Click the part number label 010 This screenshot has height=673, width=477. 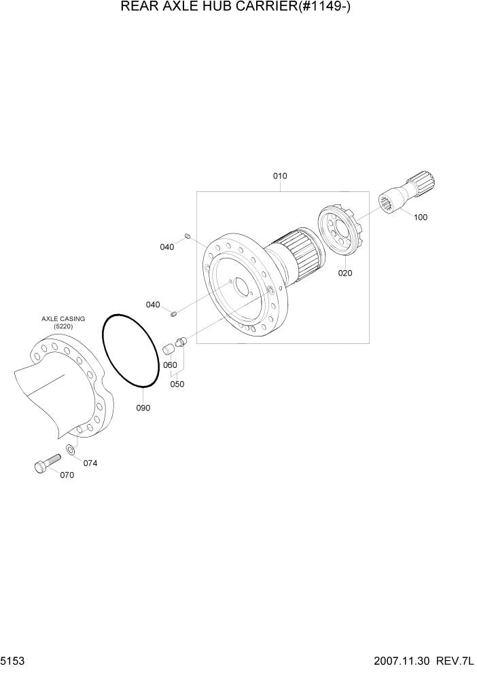click(x=280, y=176)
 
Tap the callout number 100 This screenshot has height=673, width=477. click(x=420, y=218)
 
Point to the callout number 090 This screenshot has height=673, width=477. click(x=143, y=408)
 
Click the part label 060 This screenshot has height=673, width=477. click(x=170, y=365)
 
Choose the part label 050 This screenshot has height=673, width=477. click(x=177, y=383)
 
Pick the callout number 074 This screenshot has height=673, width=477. click(x=90, y=463)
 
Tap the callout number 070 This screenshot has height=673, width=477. click(x=67, y=475)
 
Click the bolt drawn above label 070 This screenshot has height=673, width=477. click(x=47, y=465)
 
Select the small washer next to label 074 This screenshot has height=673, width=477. click(x=71, y=450)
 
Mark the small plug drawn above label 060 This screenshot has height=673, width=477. click(x=170, y=350)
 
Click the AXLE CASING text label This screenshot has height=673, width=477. click(x=63, y=318)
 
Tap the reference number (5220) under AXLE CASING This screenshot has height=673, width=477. click(x=63, y=326)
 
